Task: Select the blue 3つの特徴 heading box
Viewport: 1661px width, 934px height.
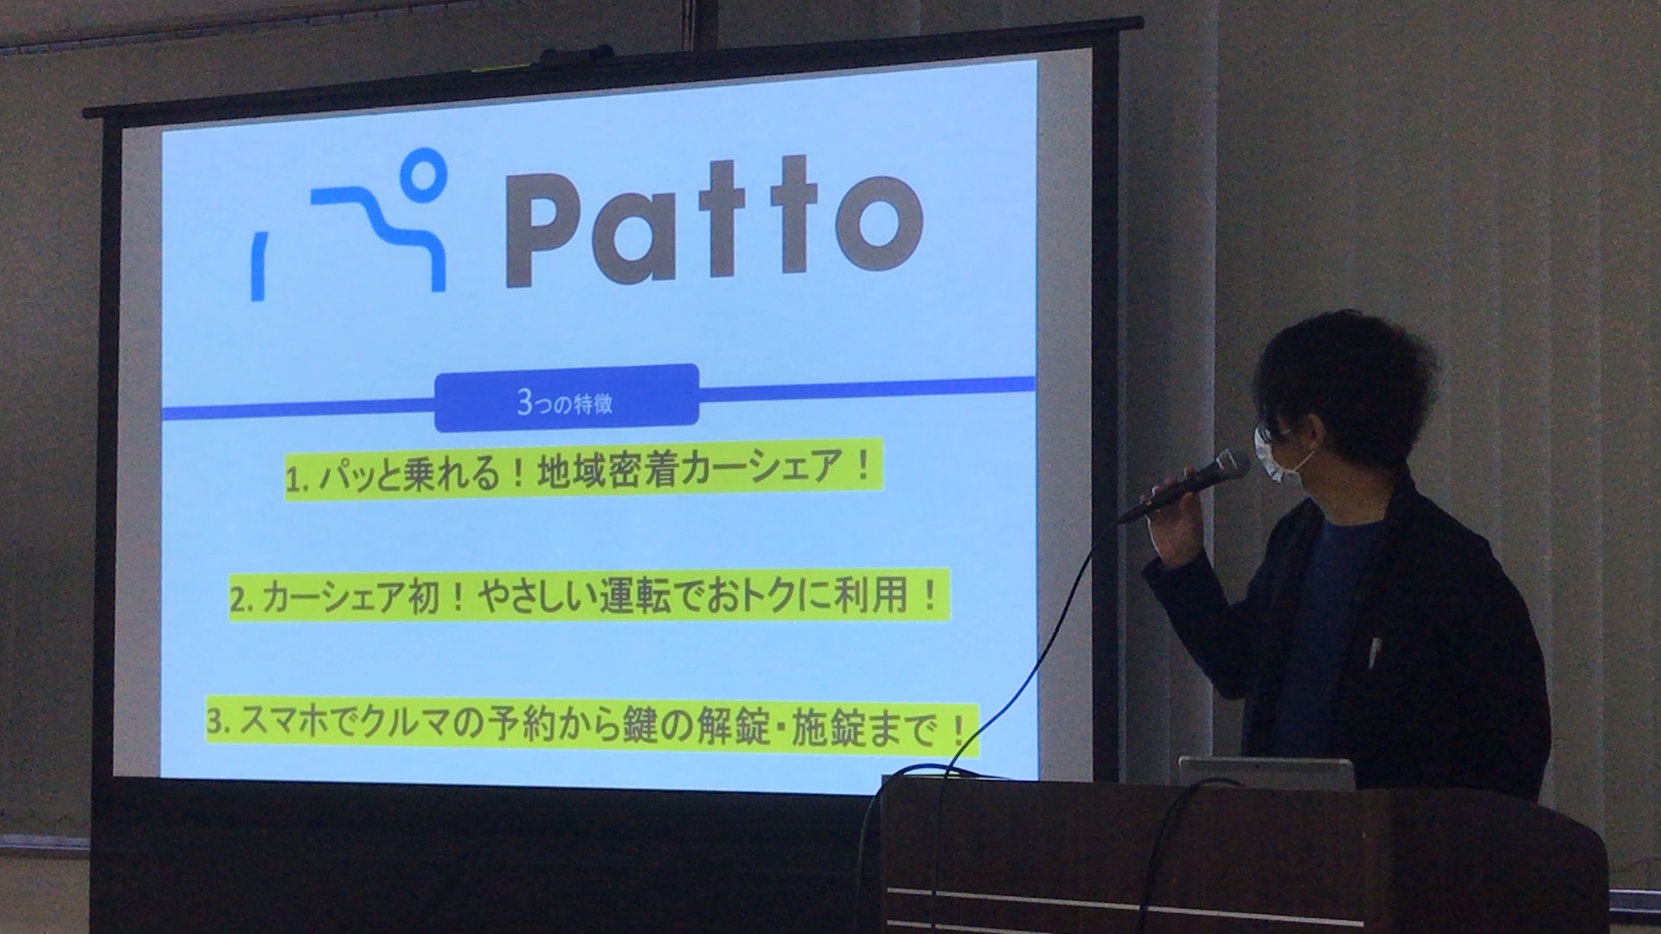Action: tap(567, 398)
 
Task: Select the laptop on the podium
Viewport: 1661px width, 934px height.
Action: tap(1267, 773)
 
